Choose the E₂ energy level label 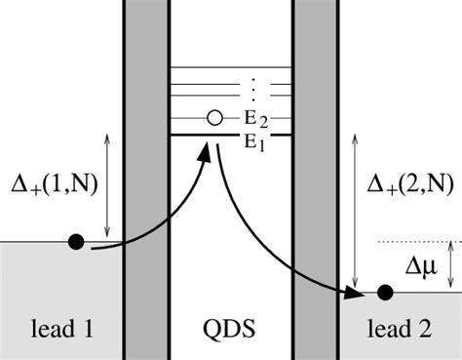(x=258, y=119)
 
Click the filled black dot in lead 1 (x=75, y=241)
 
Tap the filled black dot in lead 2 (x=385, y=291)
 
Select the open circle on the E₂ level (x=214, y=118)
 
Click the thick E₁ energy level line (x=195, y=133)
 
